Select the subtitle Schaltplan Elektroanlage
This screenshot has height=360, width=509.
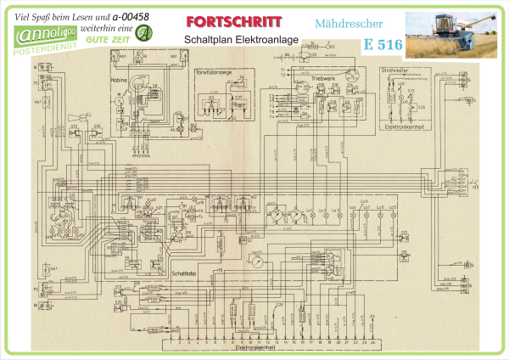(225, 40)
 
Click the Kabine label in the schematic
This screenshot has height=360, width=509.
(118, 82)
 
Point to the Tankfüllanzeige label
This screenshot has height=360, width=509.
(215, 72)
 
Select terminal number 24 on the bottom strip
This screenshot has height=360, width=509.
(372, 341)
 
